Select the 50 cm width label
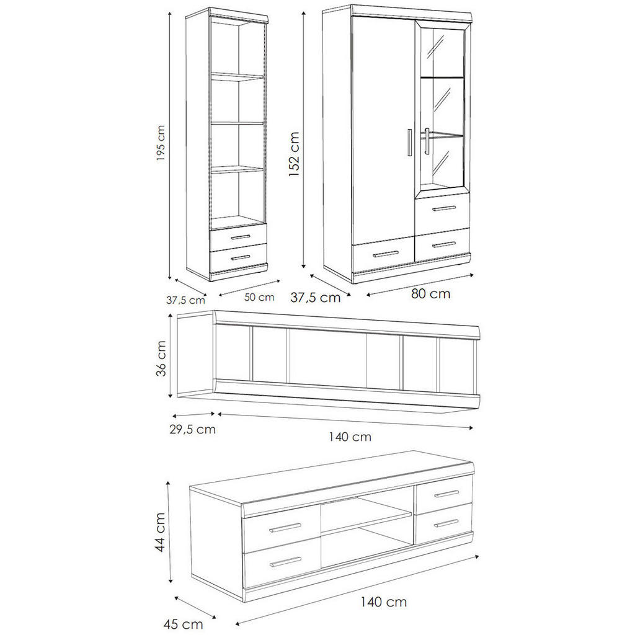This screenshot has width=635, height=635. (x=259, y=297)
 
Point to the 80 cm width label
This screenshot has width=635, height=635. (x=430, y=293)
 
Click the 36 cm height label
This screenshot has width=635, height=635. (x=161, y=358)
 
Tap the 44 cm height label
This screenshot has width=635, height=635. (x=160, y=532)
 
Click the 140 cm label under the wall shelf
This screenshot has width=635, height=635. (x=350, y=437)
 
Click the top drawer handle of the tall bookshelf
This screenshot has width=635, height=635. (x=239, y=237)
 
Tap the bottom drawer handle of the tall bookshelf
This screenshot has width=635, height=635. (x=239, y=257)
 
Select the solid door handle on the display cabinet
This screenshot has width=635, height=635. (x=410, y=144)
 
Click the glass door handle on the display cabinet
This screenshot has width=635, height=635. (x=427, y=143)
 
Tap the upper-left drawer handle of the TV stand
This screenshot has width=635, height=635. (x=286, y=528)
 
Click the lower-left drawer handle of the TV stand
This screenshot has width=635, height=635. (x=286, y=562)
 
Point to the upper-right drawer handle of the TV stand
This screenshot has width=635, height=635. (x=446, y=494)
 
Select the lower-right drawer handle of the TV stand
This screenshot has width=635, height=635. (x=446, y=523)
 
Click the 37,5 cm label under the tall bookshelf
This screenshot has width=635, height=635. (x=185, y=300)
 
